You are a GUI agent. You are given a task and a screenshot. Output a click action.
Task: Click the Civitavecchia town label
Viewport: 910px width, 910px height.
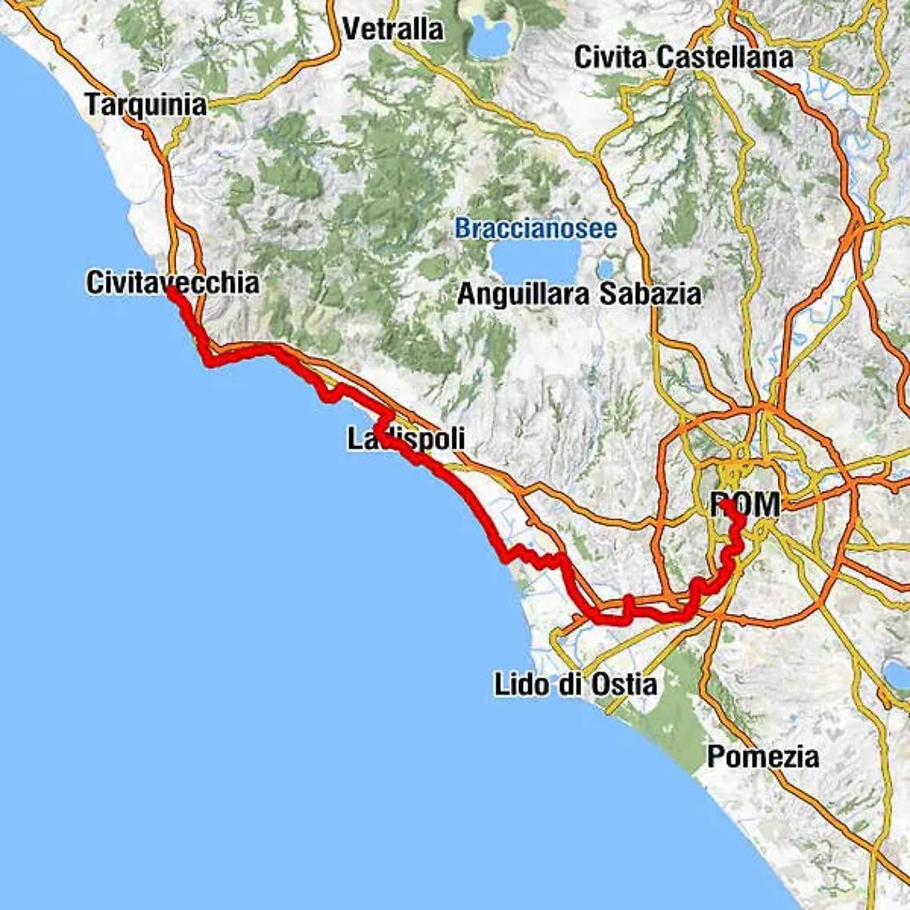(172, 283)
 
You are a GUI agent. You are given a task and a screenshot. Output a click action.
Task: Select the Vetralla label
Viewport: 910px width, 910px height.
(393, 30)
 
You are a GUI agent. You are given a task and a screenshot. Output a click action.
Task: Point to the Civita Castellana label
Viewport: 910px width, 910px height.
(683, 57)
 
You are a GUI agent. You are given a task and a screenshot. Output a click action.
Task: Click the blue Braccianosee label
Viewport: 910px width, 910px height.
(536, 229)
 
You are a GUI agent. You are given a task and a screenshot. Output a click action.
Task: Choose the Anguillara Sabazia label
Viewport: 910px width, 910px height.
(579, 294)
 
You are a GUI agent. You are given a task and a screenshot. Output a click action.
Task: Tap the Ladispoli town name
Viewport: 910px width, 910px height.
(406, 439)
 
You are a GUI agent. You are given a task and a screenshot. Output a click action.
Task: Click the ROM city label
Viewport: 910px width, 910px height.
(746, 504)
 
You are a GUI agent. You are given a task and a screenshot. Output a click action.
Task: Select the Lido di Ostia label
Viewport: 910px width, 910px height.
(576, 684)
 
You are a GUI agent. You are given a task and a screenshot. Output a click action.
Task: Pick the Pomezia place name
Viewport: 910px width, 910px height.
(762, 756)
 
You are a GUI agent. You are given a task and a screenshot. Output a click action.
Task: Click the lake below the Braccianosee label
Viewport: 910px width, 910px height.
(535, 263)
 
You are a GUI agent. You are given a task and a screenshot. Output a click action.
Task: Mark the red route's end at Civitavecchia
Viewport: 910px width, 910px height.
(171, 291)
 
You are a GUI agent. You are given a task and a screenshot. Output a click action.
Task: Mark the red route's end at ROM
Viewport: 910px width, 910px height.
(722, 504)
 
